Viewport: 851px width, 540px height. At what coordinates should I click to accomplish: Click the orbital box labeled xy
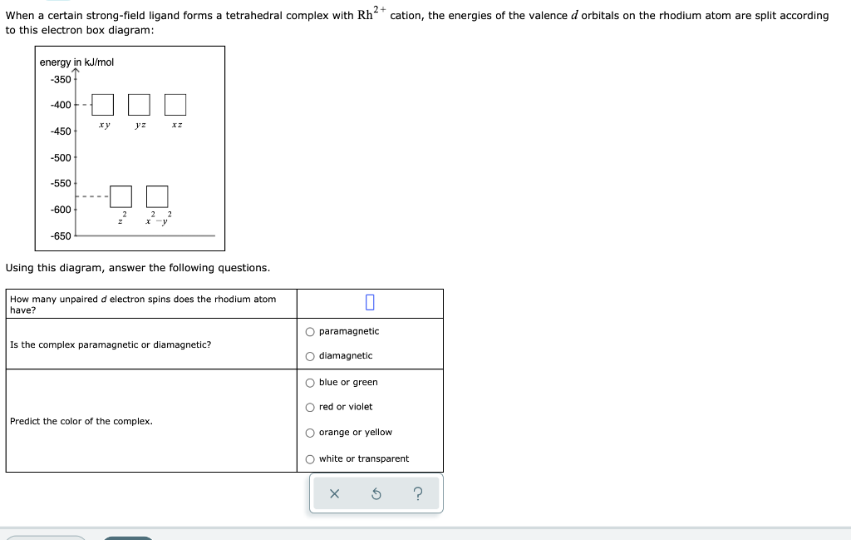[102, 105]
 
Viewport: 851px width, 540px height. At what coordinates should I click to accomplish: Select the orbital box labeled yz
[139, 105]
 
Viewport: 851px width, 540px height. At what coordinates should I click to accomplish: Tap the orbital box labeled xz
[175, 105]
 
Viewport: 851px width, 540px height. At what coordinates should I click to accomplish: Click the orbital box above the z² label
[121, 196]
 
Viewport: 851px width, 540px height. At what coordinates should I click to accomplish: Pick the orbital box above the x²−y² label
[157, 196]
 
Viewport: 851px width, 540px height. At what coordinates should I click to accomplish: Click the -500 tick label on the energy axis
[61, 157]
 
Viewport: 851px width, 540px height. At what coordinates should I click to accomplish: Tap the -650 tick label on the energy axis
[61, 235]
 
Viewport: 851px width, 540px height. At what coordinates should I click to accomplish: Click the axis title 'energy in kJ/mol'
[76, 62]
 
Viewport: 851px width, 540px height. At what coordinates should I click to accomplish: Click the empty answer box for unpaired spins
[370, 303]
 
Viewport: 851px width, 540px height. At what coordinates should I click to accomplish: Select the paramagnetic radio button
[310, 331]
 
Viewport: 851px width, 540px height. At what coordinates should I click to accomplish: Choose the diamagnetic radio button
[310, 356]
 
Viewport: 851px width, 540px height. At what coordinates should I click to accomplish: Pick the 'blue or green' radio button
[310, 383]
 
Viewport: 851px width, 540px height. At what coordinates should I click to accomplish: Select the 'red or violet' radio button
[310, 407]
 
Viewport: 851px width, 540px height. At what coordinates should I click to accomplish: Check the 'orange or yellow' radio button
[310, 433]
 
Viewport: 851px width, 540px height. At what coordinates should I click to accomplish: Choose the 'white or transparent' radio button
[310, 459]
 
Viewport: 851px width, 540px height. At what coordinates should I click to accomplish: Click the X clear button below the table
[334, 494]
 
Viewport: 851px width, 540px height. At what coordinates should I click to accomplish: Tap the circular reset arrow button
[376, 494]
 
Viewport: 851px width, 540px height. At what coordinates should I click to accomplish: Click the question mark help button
[417, 494]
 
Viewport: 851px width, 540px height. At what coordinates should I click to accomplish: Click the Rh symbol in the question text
[365, 16]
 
